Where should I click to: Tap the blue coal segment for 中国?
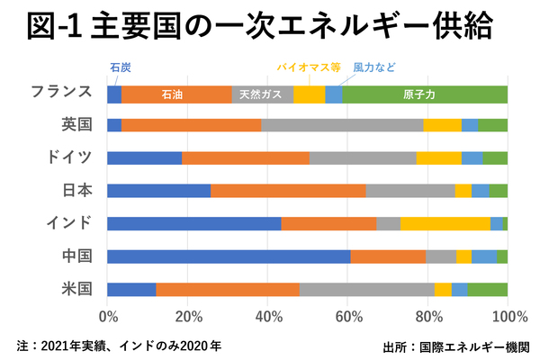(x=229, y=256)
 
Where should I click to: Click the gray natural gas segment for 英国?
(x=342, y=126)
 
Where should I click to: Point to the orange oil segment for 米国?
(x=228, y=289)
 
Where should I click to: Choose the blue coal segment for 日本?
(x=158, y=191)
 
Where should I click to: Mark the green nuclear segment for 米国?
(x=488, y=289)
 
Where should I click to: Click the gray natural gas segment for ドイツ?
(x=363, y=158)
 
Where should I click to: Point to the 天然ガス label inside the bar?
(x=262, y=94)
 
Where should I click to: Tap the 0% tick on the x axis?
(x=108, y=317)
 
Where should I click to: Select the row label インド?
(x=70, y=223)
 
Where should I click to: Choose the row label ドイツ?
(x=70, y=158)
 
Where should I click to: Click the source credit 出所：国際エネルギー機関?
(x=455, y=345)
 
